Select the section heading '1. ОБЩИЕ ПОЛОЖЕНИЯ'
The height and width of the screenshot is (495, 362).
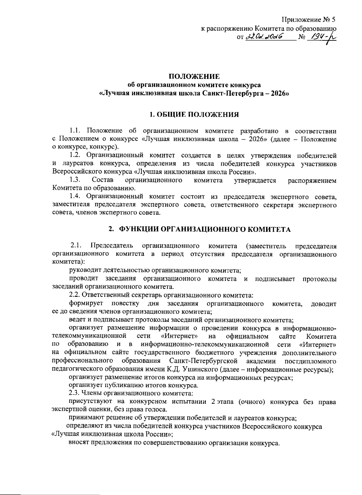(194, 114)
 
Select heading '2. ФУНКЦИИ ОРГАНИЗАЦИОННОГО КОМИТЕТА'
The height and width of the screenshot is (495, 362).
(200, 229)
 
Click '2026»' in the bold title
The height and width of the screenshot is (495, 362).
(280, 93)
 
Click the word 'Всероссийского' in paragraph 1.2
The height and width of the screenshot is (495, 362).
(74, 172)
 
